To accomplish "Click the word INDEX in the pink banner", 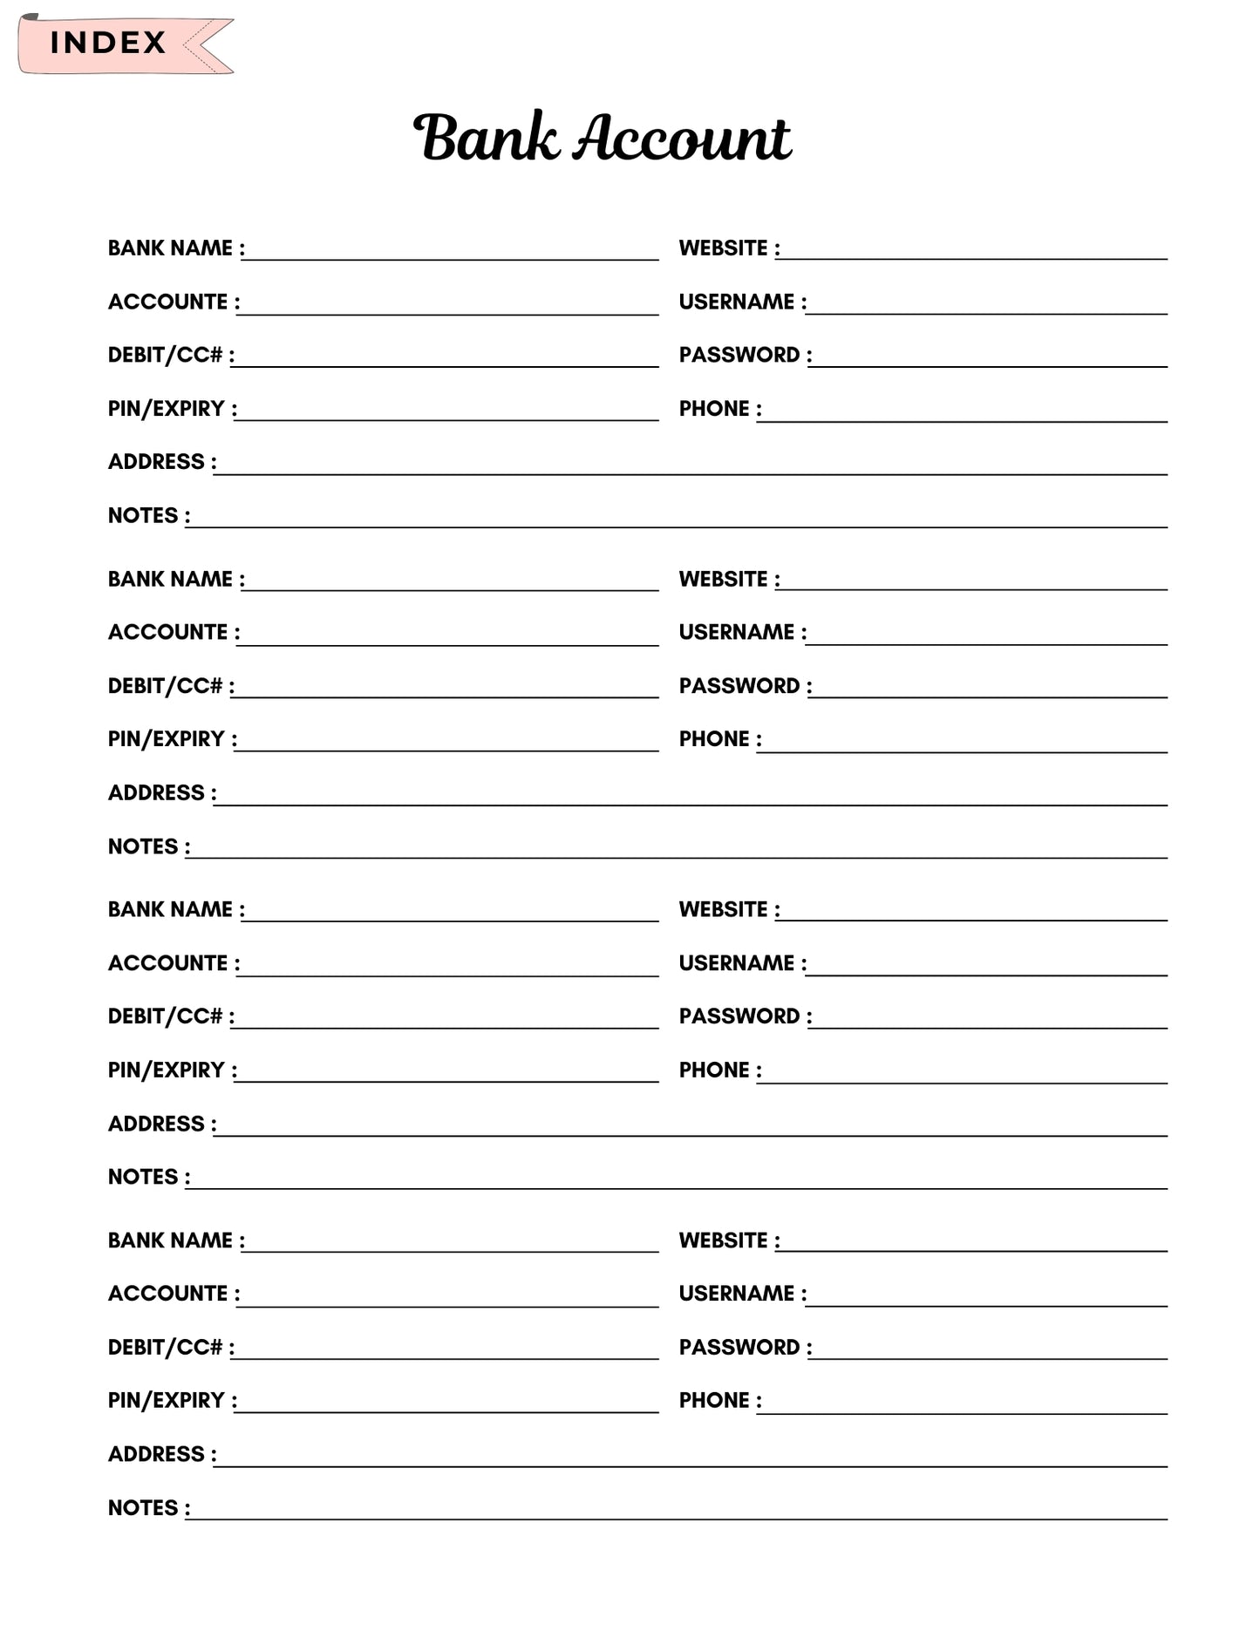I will click(x=107, y=43).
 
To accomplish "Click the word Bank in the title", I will click(x=486, y=138).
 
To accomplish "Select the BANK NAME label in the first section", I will click(x=170, y=248).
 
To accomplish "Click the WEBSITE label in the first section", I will click(x=723, y=248).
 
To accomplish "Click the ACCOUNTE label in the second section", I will click(x=167, y=632).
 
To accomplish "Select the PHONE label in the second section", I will click(x=714, y=739).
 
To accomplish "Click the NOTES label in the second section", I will click(x=143, y=846).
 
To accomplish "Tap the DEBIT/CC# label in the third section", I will click(x=165, y=1016).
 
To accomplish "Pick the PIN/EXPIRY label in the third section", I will click(x=166, y=1070).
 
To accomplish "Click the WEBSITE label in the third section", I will click(x=723, y=909).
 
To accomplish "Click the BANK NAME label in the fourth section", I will click(x=170, y=1240).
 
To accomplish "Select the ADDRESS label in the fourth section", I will click(x=156, y=1454).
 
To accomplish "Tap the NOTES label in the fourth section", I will click(x=143, y=1508).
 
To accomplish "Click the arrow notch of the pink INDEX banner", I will click(x=202, y=44).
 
